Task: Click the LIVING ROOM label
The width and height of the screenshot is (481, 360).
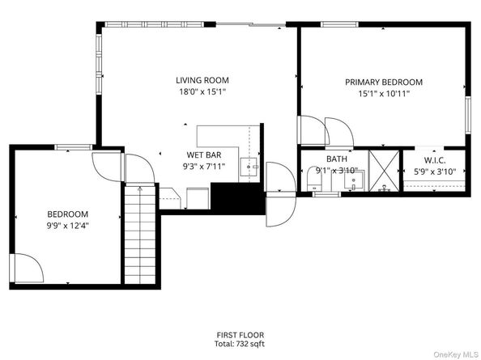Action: pos(202,80)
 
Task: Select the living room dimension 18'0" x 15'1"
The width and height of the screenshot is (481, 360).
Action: pos(202,92)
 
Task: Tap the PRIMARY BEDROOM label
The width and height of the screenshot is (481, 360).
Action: pos(384,83)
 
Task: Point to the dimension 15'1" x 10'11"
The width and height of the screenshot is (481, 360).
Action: pos(384,94)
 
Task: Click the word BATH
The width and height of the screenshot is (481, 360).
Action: pos(336,159)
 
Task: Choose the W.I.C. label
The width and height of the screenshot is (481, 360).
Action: pos(435,159)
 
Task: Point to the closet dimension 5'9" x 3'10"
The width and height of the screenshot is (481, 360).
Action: pos(435,171)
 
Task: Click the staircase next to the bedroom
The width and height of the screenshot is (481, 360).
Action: pos(141,235)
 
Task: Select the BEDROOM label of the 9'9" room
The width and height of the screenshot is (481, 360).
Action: pos(67,214)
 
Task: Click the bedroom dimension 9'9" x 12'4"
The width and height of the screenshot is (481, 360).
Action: pos(67,226)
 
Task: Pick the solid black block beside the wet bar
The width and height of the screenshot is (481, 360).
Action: pos(236,198)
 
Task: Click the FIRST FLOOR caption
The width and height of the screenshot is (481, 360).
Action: pos(240,335)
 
